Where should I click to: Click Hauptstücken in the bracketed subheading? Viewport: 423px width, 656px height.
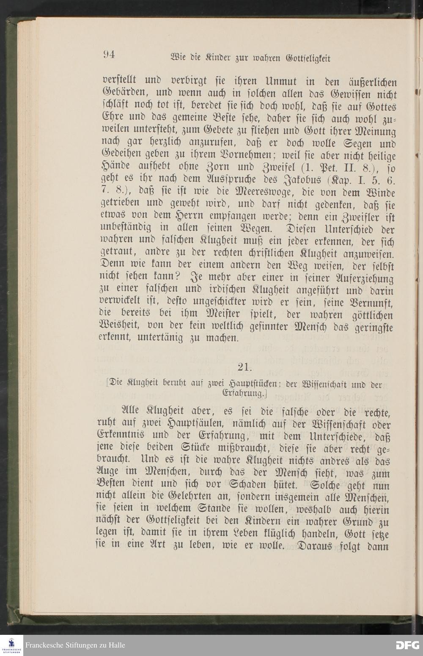(x=252, y=385)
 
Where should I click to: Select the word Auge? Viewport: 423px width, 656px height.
(x=107, y=473)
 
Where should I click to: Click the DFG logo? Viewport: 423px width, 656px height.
(x=407, y=645)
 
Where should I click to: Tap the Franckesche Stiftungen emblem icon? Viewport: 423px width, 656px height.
(x=11, y=645)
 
